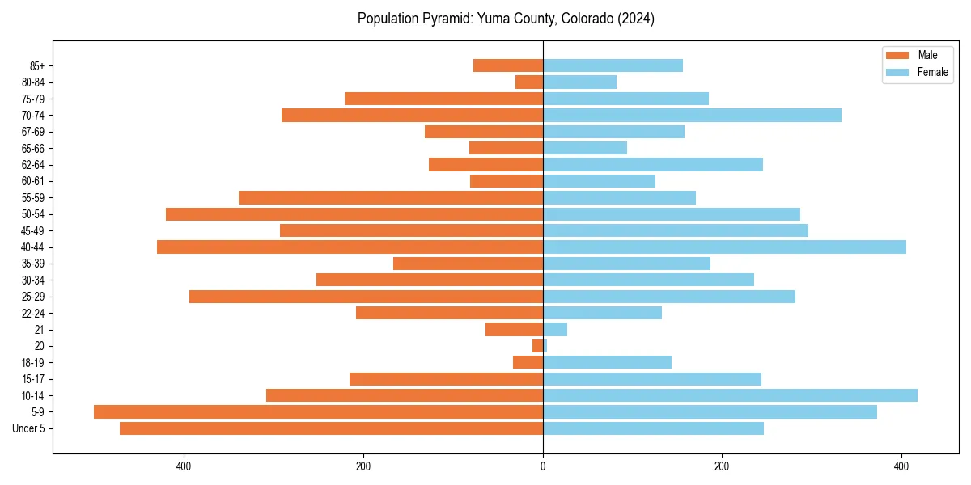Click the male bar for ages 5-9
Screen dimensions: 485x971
[318, 411]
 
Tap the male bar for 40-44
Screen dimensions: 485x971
[350, 247]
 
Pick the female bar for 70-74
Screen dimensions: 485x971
[692, 115]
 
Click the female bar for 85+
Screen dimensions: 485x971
[613, 65]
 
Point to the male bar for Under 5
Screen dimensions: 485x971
[331, 428]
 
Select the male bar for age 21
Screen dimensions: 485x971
[514, 329]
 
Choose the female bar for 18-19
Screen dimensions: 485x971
[607, 362]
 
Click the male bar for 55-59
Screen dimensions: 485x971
[391, 197]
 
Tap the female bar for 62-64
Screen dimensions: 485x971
[653, 164]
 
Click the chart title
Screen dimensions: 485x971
[506, 19]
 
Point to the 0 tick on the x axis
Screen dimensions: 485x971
[543, 466]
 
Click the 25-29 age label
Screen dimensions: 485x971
[34, 297]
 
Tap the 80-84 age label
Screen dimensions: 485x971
[34, 82]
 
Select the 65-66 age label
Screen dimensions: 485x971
[34, 148]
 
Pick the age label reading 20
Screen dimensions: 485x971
[40, 346]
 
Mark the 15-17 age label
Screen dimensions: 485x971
[34, 379]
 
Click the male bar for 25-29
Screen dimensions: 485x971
[366, 297]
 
